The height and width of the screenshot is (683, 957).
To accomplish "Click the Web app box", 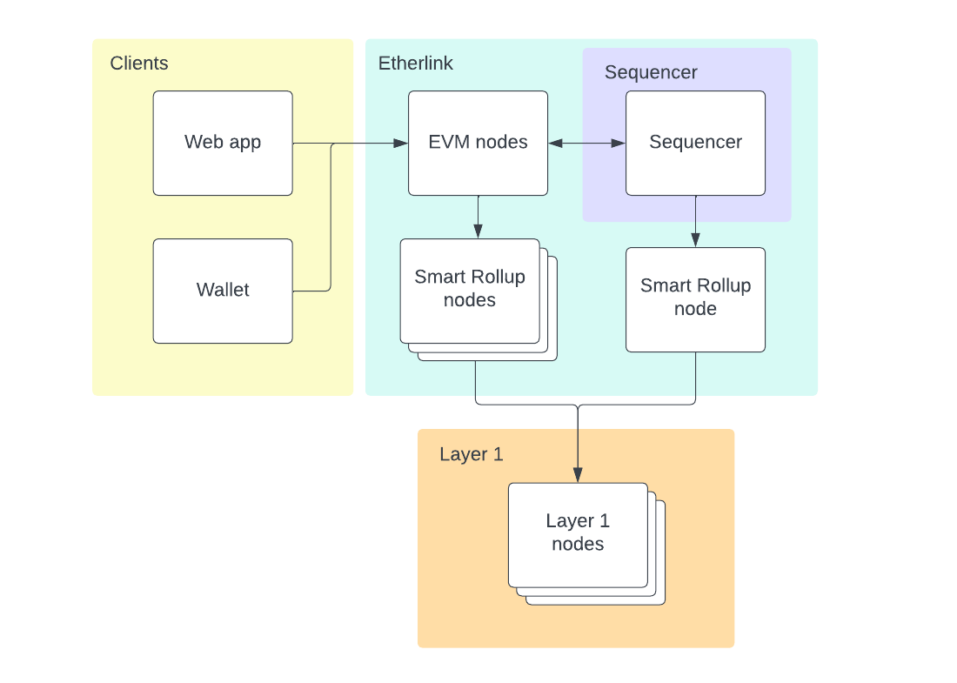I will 223,143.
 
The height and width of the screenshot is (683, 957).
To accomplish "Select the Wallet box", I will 223,291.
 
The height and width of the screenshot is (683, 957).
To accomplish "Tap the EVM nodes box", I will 478,143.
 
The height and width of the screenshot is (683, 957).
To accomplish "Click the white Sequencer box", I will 695,143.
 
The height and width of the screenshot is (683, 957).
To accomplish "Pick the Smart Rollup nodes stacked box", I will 470,290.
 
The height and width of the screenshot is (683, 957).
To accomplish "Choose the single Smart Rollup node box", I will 695,298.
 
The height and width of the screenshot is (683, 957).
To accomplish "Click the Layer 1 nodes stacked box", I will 578,533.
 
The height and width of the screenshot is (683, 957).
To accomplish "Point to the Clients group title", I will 139,64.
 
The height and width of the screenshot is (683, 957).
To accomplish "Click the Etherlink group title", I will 415,64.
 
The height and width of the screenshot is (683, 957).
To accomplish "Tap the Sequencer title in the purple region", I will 651,72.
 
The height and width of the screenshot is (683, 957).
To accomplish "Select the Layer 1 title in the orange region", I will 471,454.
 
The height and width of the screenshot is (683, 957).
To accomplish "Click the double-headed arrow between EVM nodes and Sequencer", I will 586,143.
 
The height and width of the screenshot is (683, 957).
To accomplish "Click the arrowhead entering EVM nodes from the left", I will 403,143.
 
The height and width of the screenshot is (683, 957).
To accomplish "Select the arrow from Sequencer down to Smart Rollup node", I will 695,221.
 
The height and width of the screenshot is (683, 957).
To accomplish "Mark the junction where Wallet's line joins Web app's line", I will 331,144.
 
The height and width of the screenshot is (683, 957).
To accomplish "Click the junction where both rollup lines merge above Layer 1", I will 578,405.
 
